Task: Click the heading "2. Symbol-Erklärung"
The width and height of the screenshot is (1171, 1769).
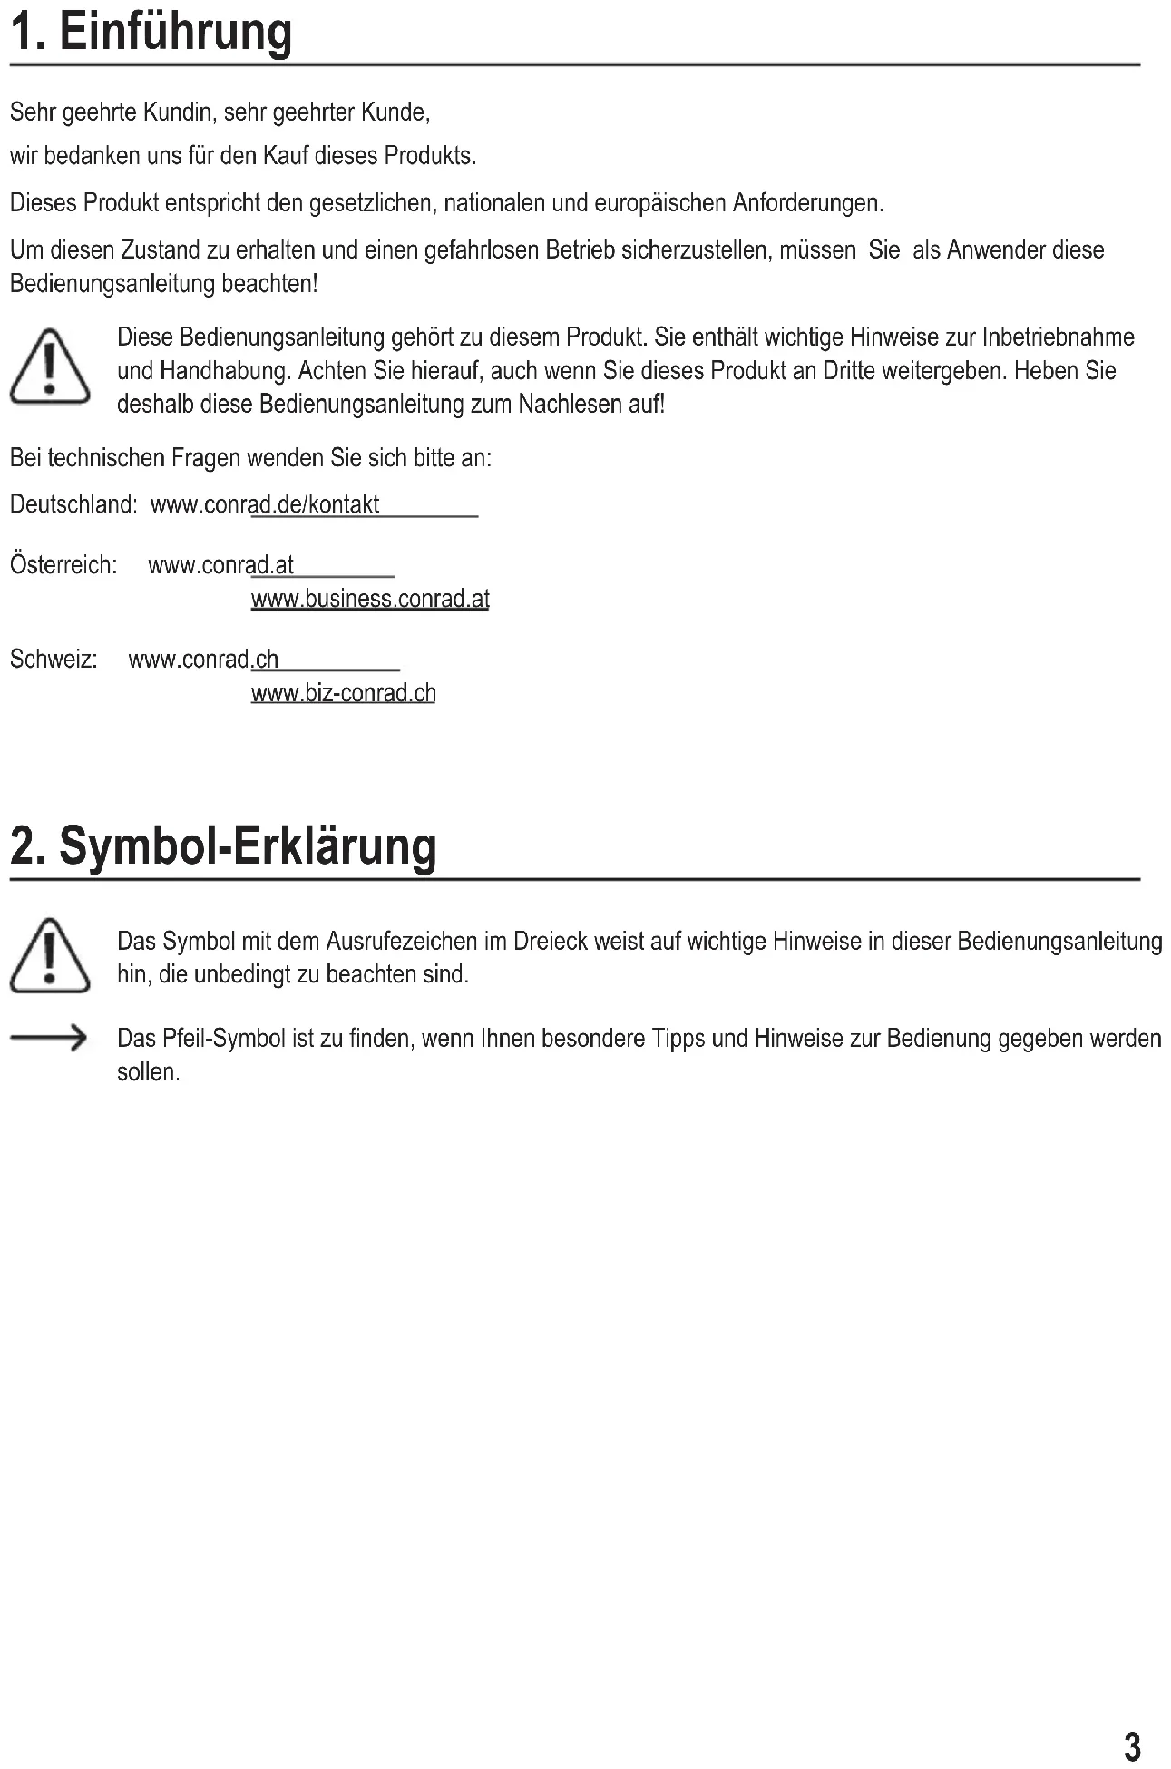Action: coord(223,846)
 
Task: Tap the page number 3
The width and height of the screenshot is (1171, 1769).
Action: coord(1132,1746)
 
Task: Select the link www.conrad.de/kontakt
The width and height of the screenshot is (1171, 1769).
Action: coord(265,505)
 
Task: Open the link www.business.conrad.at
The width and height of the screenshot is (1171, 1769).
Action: coord(370,600)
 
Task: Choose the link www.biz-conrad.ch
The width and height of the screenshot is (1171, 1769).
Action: coord(343,694)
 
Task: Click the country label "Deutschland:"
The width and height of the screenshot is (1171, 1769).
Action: coord(73,505)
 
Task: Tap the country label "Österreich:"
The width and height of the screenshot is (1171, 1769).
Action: coord(63,566)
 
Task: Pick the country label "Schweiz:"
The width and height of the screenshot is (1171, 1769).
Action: coord(54,660)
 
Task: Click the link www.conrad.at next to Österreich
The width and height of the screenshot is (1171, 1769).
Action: coord(220,566)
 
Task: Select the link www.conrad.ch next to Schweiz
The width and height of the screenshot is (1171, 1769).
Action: coord(203,660)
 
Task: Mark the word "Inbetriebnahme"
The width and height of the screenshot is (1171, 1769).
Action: coord(1058,337)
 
